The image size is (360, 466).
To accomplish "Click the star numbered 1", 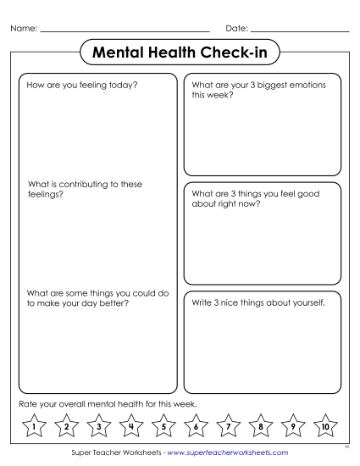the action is pyautogui.click(x=31, y=425).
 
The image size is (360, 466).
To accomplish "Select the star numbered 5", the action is pyautogui.click(x=163, y=425).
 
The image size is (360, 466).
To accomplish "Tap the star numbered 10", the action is pyautogui.click(x=326, y=425).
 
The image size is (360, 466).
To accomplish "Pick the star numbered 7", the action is pyautogui.click(x=228, y=425).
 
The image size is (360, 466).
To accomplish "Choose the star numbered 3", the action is pyautogui.click(x=97, y=425).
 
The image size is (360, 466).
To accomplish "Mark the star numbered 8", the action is pyautogui.click(x=261, y=425).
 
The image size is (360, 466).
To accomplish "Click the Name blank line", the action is pyautogui.click(x=125, y=31).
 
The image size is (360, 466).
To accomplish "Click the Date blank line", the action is pyautogui.click(x=301, y=31).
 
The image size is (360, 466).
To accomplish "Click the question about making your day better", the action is pyautogui.click(x=93, y=298).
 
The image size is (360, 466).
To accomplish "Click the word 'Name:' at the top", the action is pyautogui.click(x=24, y=31).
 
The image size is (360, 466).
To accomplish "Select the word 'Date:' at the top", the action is pyautogui.click(x=236, y=31).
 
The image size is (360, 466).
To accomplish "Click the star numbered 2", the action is pyautogui.click(x=64, y=425).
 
